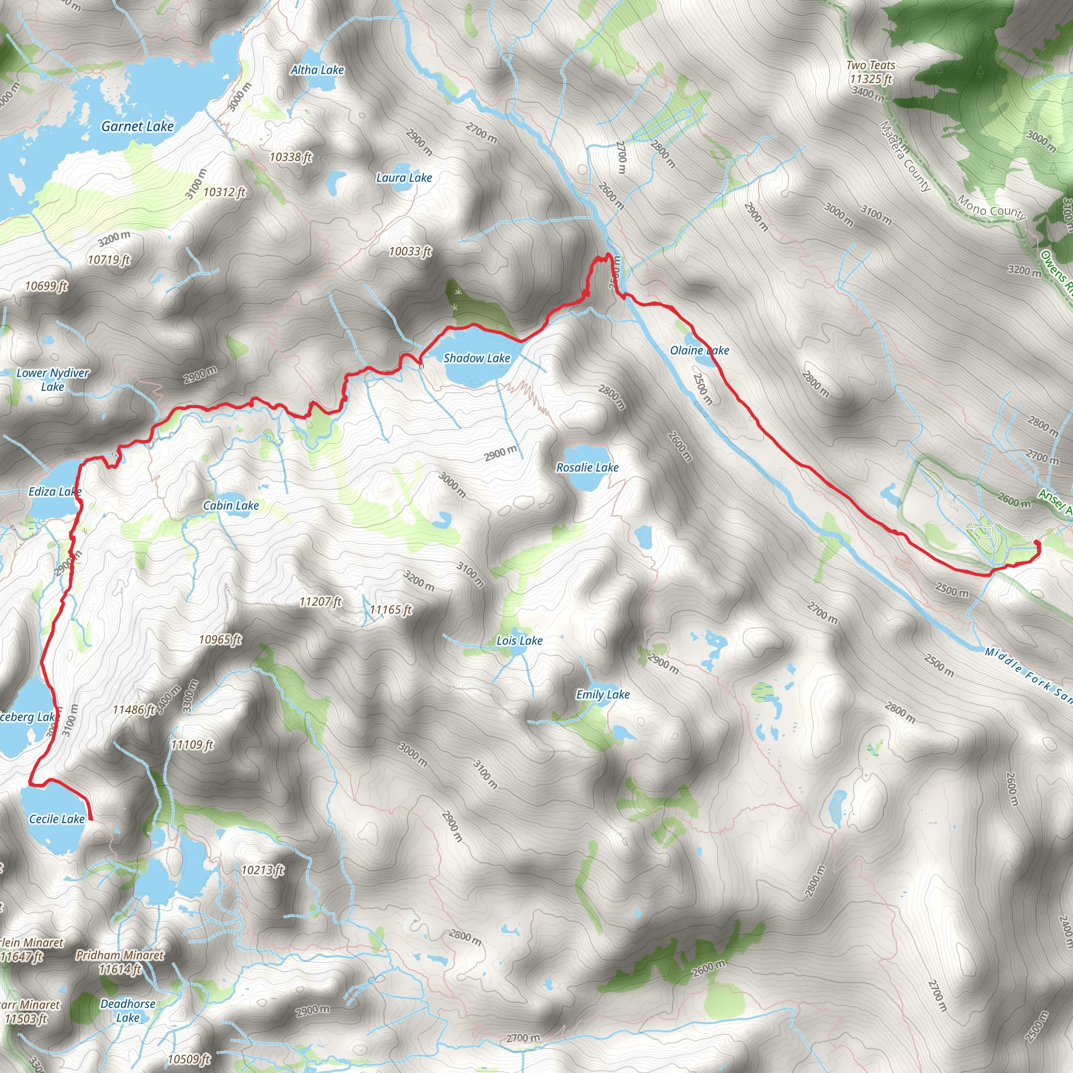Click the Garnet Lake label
point(137,127)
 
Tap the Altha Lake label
point(317,70)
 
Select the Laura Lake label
point(404,178)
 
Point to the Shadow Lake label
point(477,358)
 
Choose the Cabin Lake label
point(231,506)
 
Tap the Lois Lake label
point(519,641)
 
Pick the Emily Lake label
point(603,695)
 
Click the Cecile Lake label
point(57,819)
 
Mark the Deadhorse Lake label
point(128,1011)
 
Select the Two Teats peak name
point(870,65)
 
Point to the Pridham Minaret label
point(120,955)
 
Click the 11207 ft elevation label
point(321,601)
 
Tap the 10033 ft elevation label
point(410,251)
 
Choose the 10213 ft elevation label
point(262,870)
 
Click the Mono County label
point(991,209)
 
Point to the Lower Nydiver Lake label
point(53,380)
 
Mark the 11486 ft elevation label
point(133,710)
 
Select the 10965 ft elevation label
point(220,640)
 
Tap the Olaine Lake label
point(699,351)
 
